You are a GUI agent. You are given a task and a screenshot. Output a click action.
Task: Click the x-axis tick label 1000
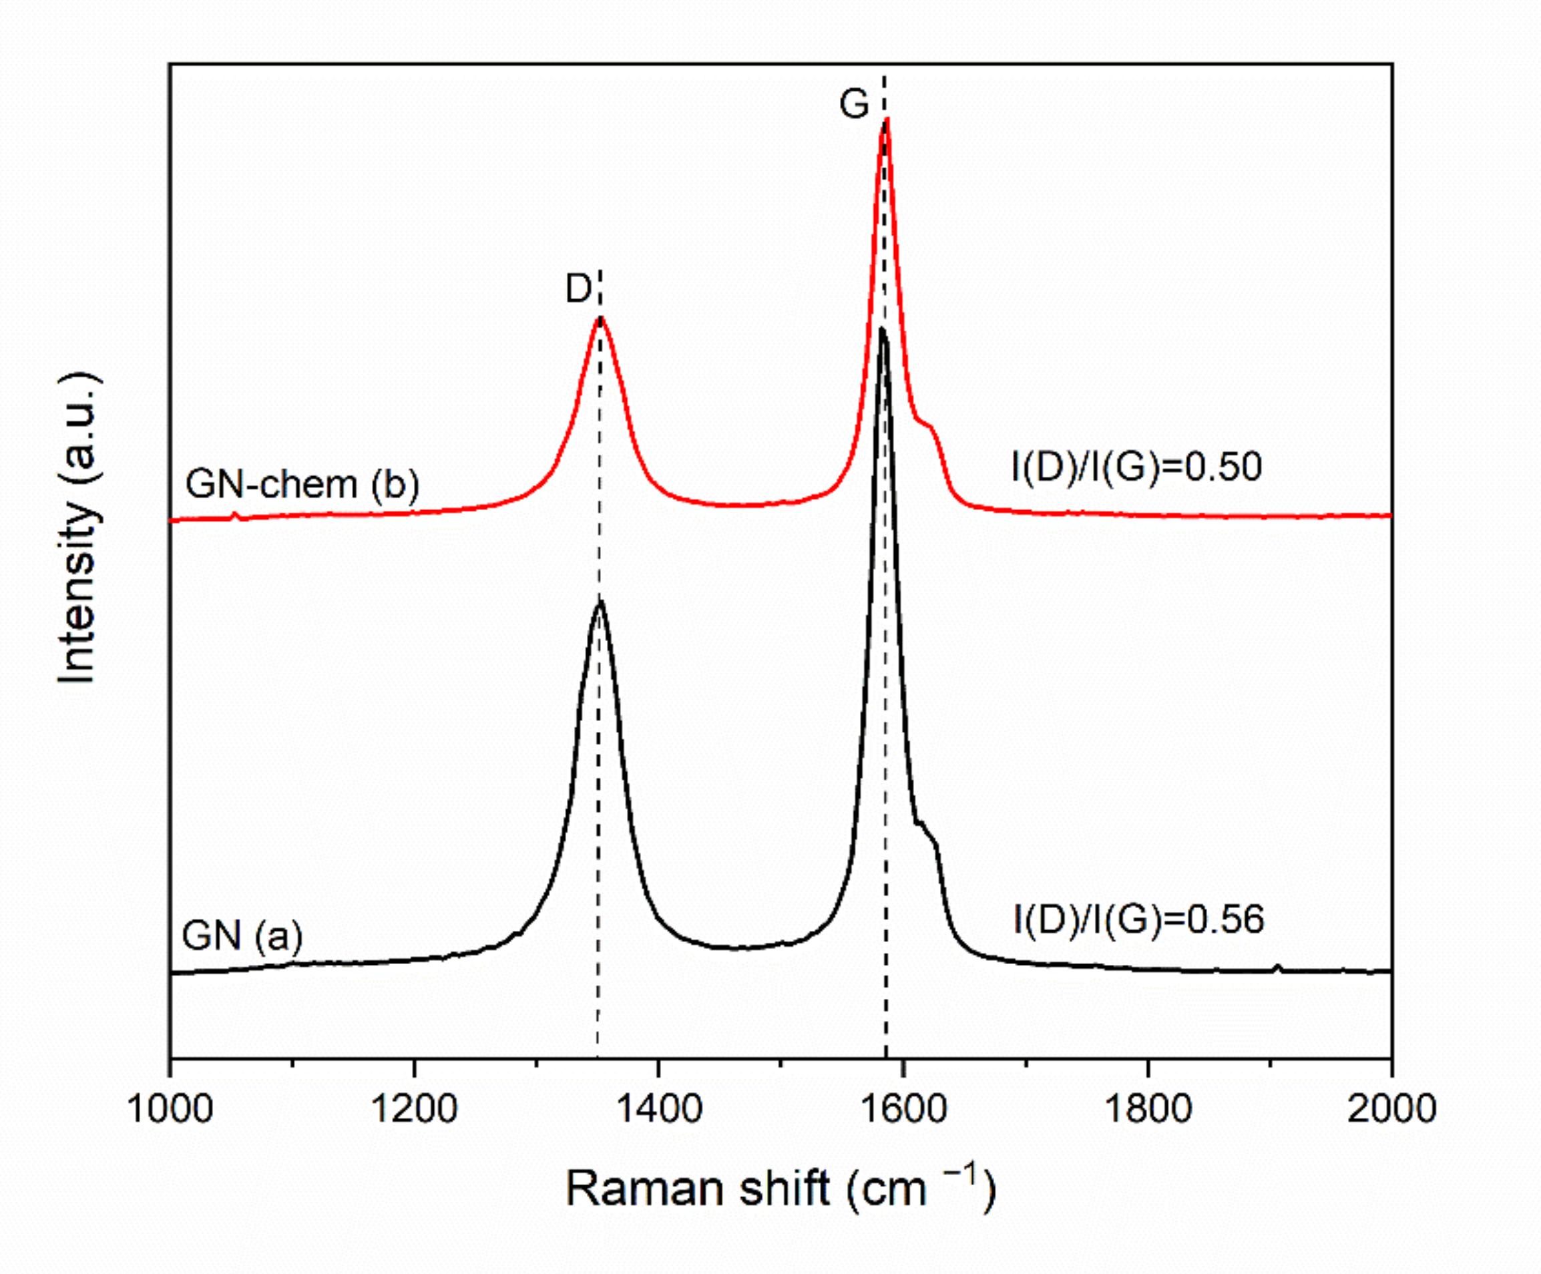(170, 1108)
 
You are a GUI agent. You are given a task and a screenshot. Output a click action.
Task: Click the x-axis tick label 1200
(414, 1108)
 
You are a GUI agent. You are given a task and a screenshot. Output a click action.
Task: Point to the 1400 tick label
(658, 1108)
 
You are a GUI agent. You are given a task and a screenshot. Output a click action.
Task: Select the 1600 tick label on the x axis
(903, 1108)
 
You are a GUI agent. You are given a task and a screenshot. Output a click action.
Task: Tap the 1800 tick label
(1147, 1108)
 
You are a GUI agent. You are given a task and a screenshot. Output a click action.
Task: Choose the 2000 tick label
(1391, 1108)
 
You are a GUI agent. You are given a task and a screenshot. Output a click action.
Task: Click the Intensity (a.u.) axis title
(79, 528)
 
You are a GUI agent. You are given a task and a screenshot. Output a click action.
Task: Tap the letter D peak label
(578, 289)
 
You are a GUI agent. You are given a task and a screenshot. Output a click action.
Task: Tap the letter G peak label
(854, 104)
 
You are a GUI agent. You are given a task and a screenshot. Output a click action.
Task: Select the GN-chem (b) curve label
(302, 483)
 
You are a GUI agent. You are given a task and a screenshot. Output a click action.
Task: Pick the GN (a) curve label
(242, 935)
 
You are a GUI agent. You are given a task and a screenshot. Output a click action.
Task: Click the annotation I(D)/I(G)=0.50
(1136, 467)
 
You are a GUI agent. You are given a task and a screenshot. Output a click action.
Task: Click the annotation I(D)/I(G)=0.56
(1139, 919)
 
